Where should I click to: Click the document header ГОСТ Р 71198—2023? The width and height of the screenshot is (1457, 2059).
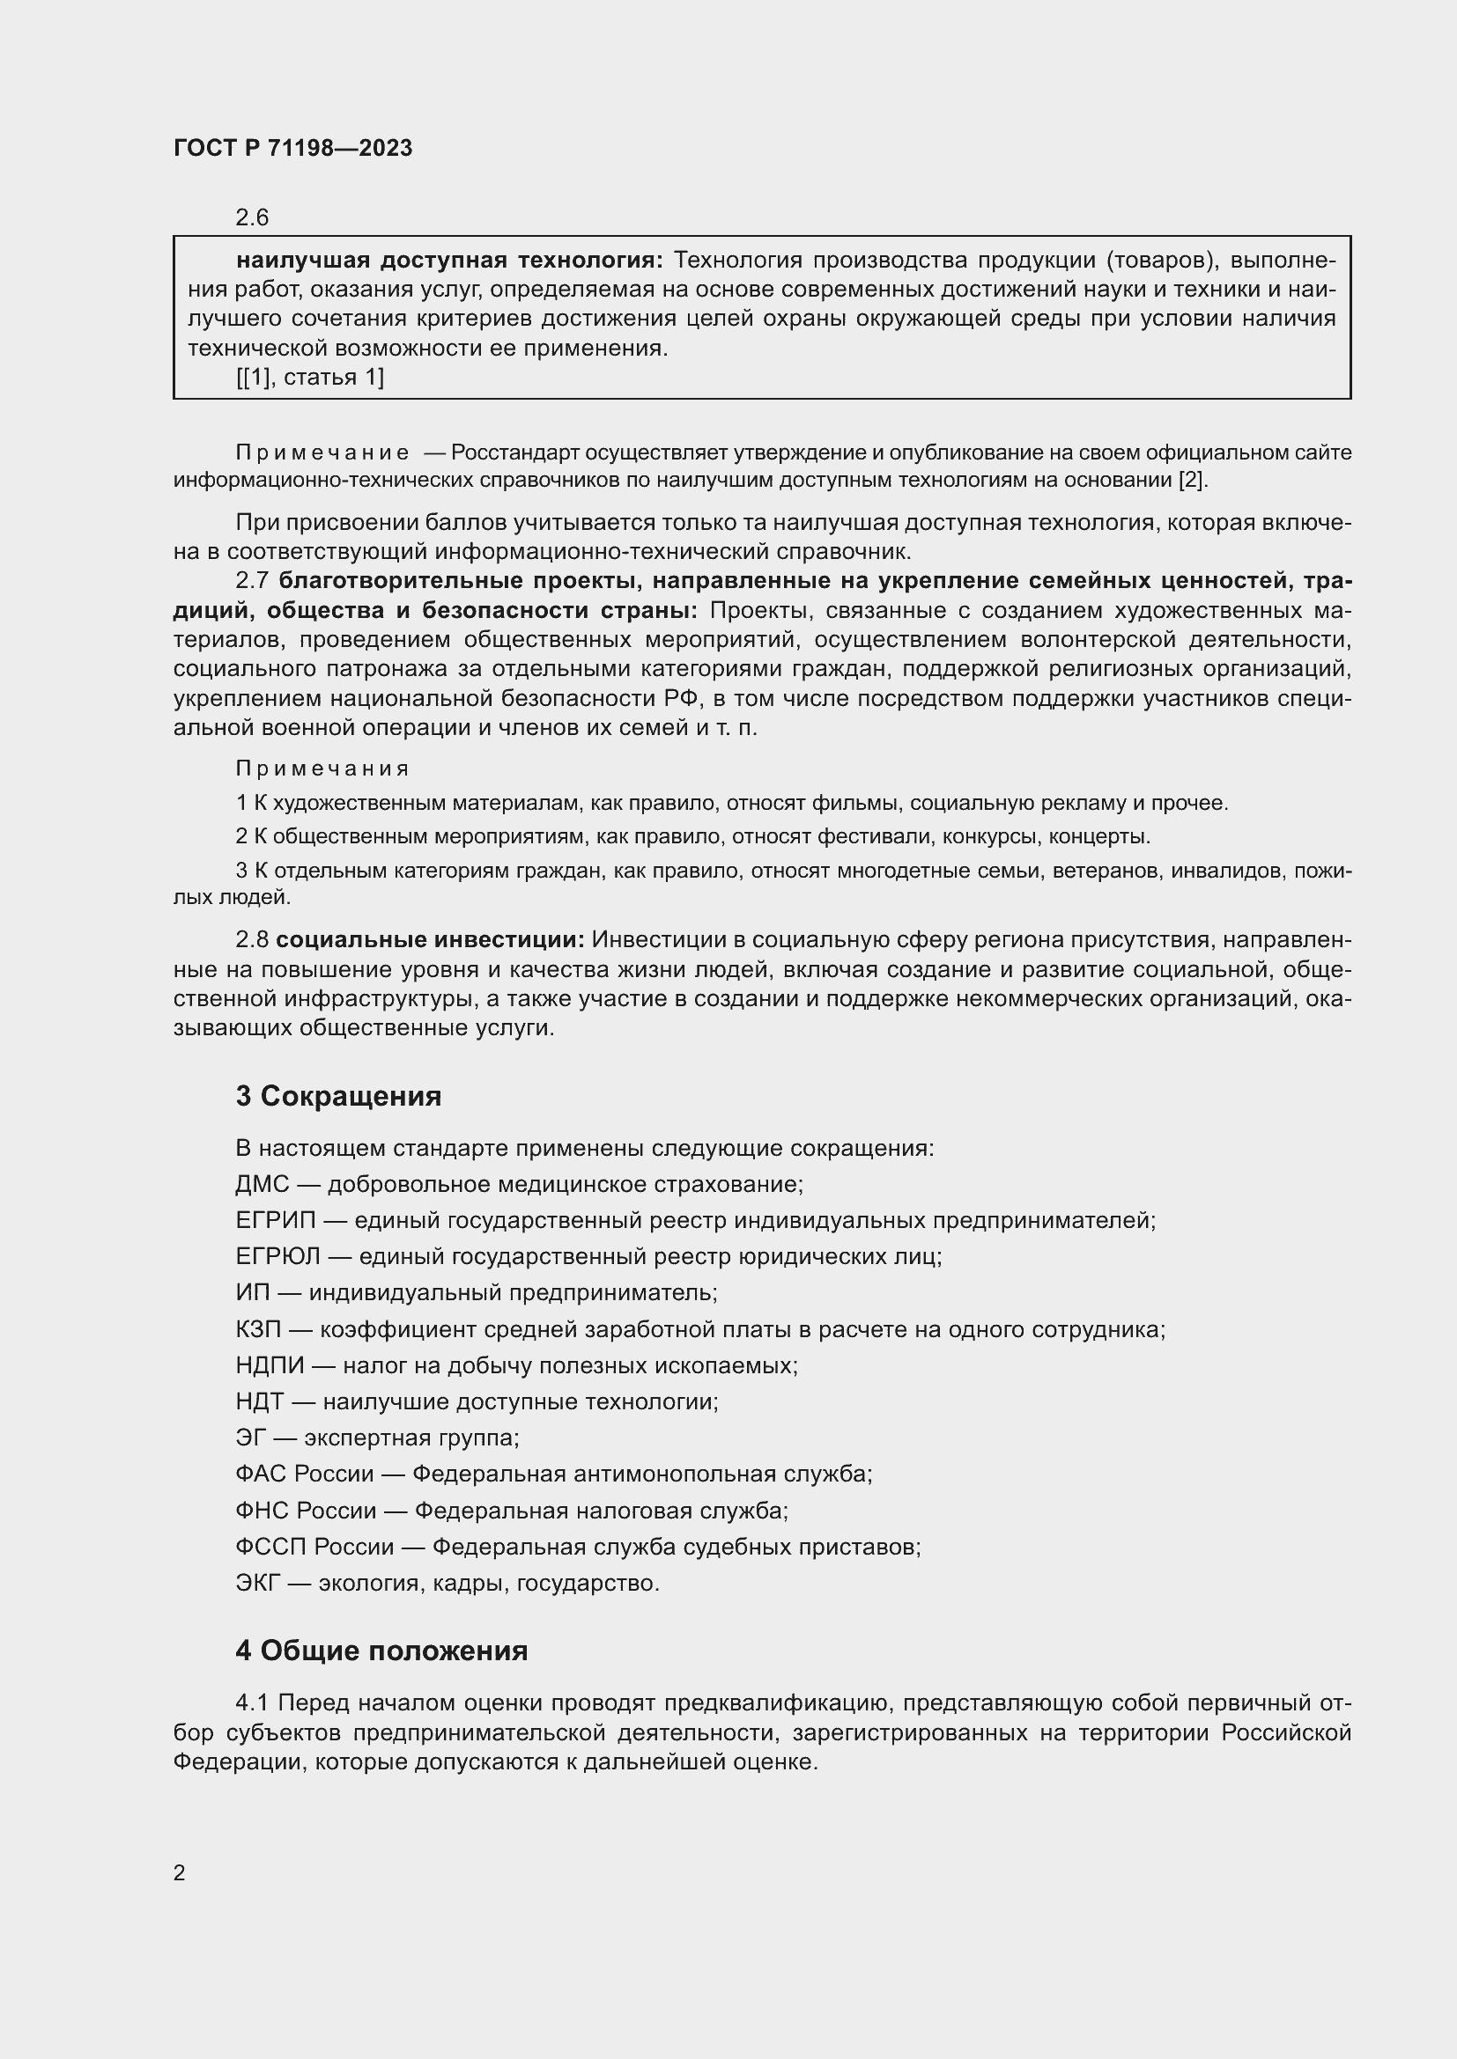point(292,148)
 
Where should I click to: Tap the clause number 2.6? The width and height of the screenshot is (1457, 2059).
point(252,218)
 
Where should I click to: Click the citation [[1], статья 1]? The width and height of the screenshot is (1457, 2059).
point(309,378)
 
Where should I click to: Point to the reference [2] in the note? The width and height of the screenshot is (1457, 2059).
point(1192,480)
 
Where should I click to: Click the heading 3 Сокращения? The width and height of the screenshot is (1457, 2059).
point(338,1096)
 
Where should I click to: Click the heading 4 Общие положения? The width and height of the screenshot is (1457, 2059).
point(381,1650)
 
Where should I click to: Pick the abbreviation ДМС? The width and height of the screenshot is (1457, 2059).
point(262,1185)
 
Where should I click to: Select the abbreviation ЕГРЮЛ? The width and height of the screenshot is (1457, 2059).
point(277,1256)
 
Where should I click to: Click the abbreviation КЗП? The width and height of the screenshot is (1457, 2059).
point(257,1329)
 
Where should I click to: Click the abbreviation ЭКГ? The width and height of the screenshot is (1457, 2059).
point(257,1583)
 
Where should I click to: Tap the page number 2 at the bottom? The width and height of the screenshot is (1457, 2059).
point(180,1873)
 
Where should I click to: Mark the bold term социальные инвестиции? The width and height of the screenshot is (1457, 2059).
point(430,940)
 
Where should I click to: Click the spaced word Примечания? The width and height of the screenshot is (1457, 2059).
point(322,768)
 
